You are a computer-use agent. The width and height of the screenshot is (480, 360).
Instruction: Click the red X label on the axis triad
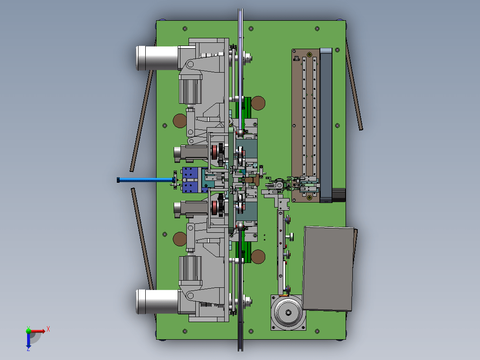pos(48,329)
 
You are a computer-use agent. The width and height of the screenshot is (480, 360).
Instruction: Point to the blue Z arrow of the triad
pos(28,341)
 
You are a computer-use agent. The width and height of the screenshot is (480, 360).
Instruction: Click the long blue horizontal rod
pos(146,180)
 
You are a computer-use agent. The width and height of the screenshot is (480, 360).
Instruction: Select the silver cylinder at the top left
pos(157,58)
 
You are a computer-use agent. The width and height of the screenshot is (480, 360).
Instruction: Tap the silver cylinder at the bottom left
pos(157,301)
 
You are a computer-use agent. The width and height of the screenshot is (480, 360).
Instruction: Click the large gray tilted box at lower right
pos(329,269)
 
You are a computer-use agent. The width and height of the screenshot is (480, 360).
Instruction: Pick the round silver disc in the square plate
pos(288,312)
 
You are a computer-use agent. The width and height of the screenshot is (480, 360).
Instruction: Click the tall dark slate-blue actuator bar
pos(326,125)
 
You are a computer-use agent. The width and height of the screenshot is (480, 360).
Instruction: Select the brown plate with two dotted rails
pos(306,125)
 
